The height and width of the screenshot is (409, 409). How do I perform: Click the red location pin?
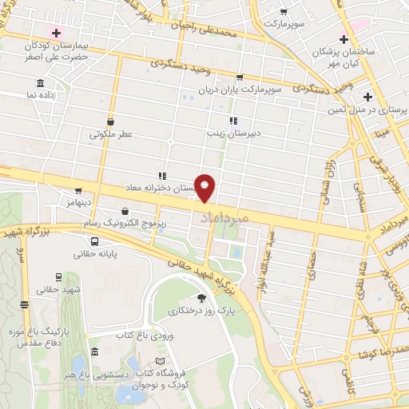coord(206,189)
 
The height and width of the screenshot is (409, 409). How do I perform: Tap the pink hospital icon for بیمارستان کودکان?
coord(55,33)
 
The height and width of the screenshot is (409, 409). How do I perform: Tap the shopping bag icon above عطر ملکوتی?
coord(109,121)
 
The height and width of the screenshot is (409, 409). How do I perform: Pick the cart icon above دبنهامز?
coord(78,191)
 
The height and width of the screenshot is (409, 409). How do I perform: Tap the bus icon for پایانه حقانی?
coord(95,241)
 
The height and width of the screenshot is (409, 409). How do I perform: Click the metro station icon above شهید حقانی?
coord(25,304)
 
